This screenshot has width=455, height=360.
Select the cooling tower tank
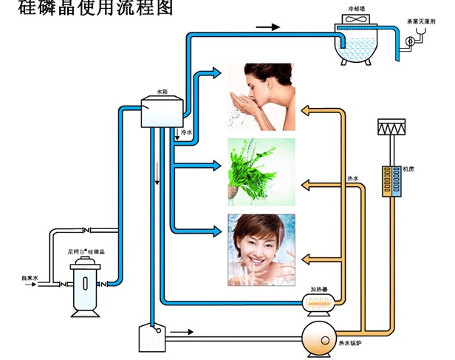point(356,44)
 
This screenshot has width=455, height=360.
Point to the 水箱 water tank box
point(162,111)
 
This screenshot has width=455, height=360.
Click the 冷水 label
point(186,133)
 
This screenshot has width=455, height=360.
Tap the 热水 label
point(352,177)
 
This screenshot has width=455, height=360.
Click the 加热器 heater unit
point(320,303)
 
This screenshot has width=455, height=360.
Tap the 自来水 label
point(30,278)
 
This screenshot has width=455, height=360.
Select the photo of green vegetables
point(261,169)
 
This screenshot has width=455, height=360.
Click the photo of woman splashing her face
point(261,97)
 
